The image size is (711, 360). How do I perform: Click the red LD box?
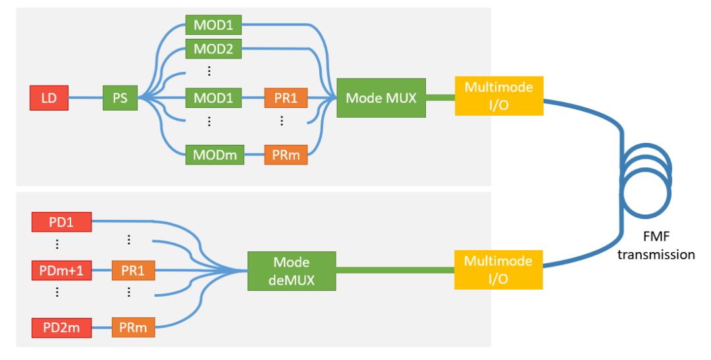(x=49, y=98)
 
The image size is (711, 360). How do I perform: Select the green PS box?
(x=120, y=98)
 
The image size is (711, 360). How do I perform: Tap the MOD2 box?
(x=213, y=48)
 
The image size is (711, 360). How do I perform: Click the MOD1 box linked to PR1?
(x=213, y=98)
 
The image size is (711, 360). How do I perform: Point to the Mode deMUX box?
(x=292, y=271)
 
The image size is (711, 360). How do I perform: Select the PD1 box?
(x=61, y=221)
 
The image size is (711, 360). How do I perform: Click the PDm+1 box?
(x=61, y=270)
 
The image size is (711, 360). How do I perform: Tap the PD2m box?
(x=61, y=327)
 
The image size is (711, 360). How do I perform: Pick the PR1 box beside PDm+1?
(x=133, y=270)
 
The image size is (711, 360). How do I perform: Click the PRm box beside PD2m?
(x=133, y=327)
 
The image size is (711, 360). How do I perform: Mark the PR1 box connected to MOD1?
(x=286, y=98)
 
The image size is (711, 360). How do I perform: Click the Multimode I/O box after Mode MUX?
(x=499, y=95)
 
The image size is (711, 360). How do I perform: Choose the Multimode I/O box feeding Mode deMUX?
(x=498, y=269)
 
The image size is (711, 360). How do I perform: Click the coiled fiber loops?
(x=648, y=180)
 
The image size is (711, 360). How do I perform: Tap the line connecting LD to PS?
(x=85, y=98)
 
